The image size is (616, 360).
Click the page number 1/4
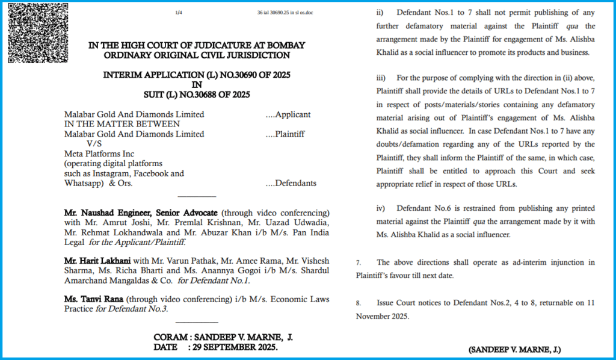pos(179,13)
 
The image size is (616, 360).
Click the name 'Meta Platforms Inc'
pos(99,154)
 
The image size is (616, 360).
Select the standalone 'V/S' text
pos(95,144)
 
